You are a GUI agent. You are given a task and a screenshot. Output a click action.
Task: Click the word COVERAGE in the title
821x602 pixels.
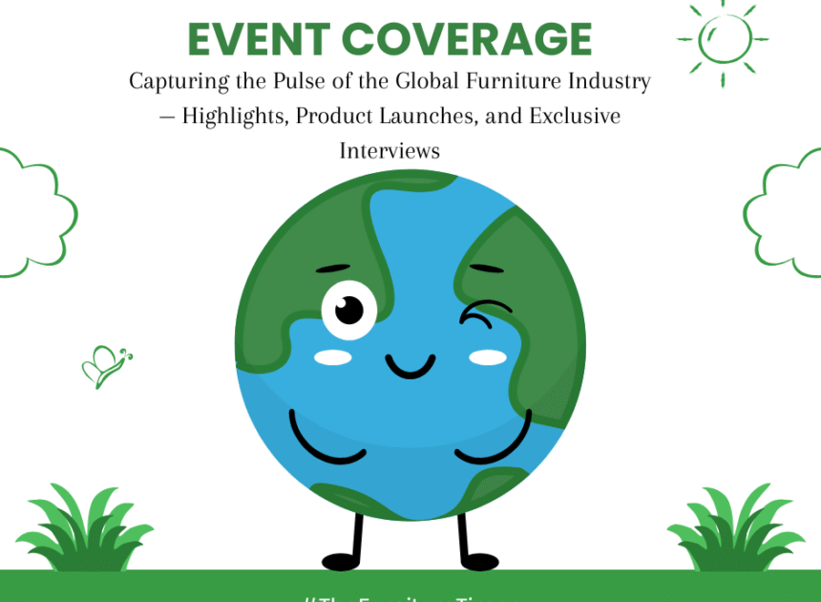point(467,38)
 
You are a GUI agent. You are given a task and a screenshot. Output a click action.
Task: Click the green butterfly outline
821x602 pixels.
point(105,366)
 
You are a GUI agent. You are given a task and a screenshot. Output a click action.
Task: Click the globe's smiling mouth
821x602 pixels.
point(410,366)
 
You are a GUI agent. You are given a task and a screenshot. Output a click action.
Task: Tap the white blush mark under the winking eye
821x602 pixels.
point(488,357)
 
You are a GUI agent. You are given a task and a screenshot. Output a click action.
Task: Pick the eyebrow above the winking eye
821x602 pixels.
point(487,269)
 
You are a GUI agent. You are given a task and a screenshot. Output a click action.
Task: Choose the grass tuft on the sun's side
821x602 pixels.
point(729,530)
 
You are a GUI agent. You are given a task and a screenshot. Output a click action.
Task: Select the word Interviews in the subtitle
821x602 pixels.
point(389,150)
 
